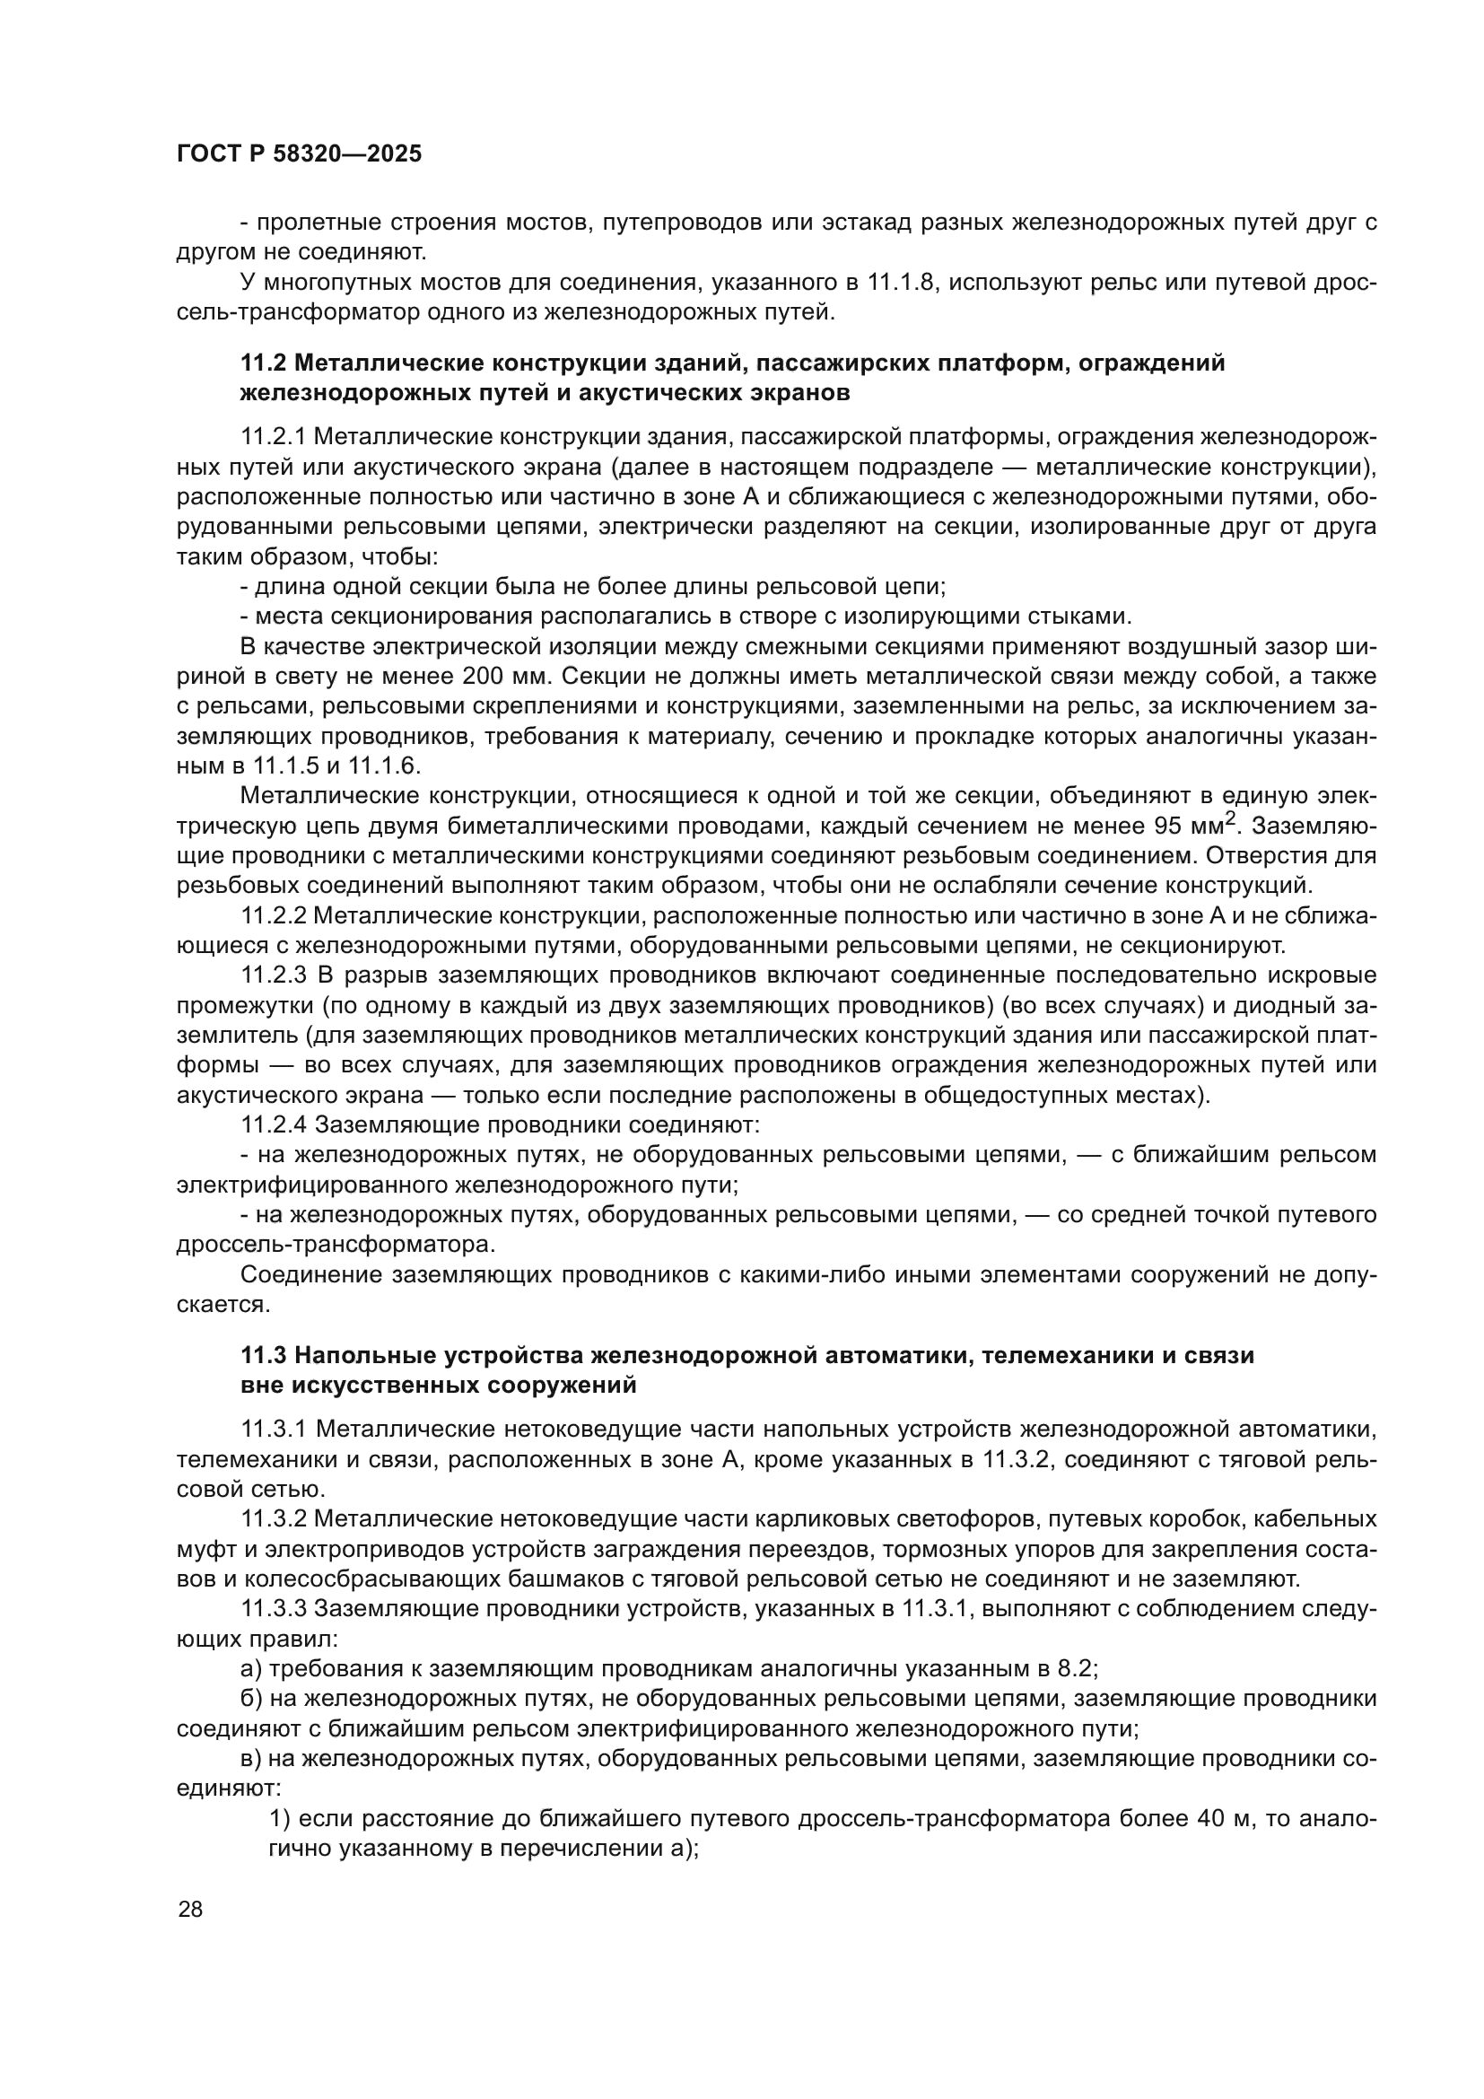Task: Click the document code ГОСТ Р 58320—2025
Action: tap(299, 154)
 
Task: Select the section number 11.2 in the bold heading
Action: tap(263, 363)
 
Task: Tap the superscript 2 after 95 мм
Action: tap(1230, 820)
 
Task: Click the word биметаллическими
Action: tap(558, 826)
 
